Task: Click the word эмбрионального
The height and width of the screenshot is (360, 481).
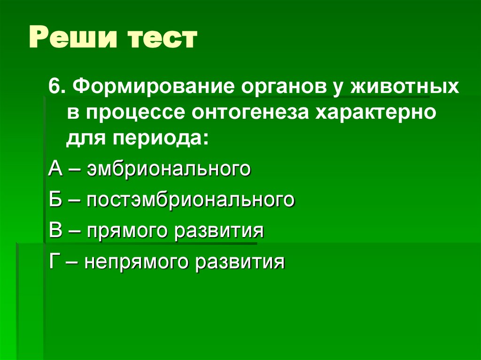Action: pyautogui.click(x=168, y=169)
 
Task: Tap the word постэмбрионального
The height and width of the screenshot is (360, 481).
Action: pyautogui.click(x=190, y=199)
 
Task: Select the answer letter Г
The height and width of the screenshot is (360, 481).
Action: pyautogui.click(x=54, y=261)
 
